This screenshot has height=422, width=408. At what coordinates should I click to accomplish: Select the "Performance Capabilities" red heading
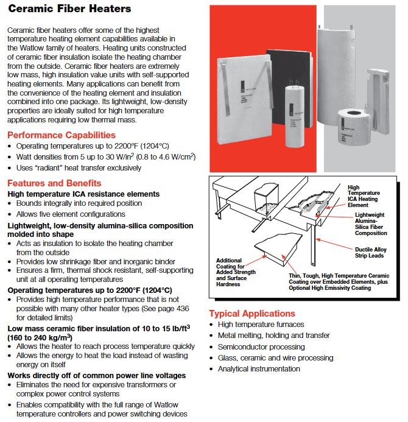(x=61, y=135)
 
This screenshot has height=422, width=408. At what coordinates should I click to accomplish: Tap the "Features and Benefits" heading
(x=54, y=183)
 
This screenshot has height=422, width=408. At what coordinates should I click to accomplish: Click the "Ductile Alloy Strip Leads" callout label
(x=371, y=253)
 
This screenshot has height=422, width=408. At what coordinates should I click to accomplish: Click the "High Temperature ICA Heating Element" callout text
(x=363, y=196)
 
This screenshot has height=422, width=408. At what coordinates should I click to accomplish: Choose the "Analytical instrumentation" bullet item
(x=259, y=368)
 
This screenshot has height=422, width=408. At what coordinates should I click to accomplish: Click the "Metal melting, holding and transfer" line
(x=273, y=336)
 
